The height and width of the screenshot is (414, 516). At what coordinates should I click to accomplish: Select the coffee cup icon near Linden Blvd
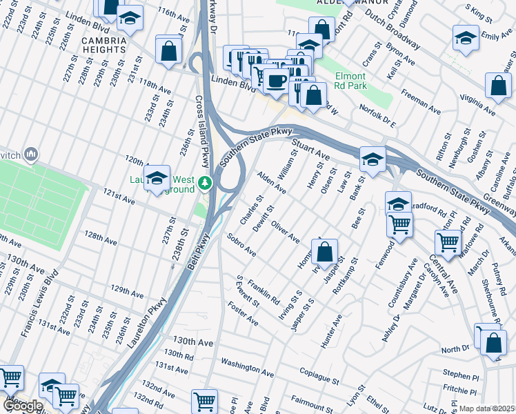click(276, 81)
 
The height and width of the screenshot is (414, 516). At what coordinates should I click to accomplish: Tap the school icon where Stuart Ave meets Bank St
click(373, 161)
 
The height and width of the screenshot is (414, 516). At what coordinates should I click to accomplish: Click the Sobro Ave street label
click(241, 246)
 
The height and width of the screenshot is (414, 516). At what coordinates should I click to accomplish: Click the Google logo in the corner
click(23, 406)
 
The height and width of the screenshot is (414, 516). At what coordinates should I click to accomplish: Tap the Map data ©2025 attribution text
click(487, 408)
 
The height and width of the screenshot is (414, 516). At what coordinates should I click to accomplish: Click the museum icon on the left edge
click(30, 155)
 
